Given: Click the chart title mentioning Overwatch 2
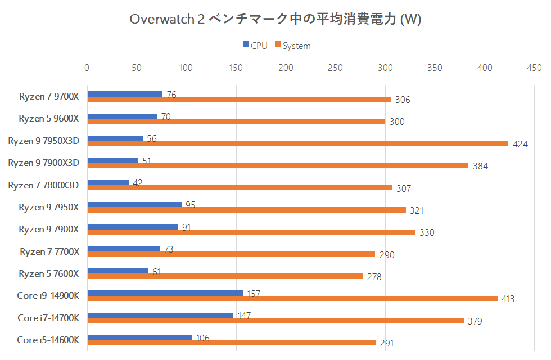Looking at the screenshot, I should [x=275, y=19].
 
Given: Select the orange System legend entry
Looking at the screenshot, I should [x=292, y=46].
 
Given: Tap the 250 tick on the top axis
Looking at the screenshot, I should [x=335, y=67].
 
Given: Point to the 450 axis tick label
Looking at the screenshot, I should [x=534, y=67].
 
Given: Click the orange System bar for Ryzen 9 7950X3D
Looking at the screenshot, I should [x=297, y=143].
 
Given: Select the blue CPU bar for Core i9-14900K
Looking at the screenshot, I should [x=165, y=292].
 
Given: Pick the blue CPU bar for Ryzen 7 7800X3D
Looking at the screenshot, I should [x=108, y=182].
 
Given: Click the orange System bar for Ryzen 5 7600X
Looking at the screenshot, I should [x=225, y=276].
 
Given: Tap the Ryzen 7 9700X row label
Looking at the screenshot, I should [x=49, y=96].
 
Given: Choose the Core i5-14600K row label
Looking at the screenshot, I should [x=48, y=339].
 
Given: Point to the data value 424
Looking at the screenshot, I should [x=520, y=144].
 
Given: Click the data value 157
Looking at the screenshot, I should [x=254, y=294].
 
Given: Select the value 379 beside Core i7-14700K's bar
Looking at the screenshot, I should [x=475, y=321].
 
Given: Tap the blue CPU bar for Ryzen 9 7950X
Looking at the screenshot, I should [x=134, y=204].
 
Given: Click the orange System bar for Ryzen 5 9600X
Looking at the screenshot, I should [x=236, y=121].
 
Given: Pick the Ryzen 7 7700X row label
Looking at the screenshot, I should [x=49, y=251].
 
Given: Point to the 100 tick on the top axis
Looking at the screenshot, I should [x=186, y=67].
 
